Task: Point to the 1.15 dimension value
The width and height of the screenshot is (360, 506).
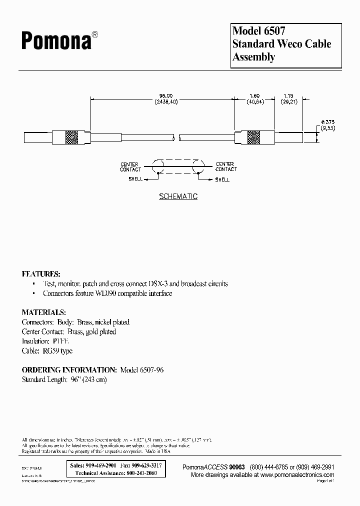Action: [x=289, y=96]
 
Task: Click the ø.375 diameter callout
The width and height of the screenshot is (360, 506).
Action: [x=328, y=121]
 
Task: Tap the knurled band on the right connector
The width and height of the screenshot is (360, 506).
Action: [x=254, y=137]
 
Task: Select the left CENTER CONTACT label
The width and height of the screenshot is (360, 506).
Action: [x=130, y=166]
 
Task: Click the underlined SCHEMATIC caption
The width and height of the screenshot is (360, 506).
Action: [x=178, y=196]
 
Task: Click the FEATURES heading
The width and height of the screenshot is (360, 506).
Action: [x=41, y=274]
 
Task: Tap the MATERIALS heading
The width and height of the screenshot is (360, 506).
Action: [x=44, y=312]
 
